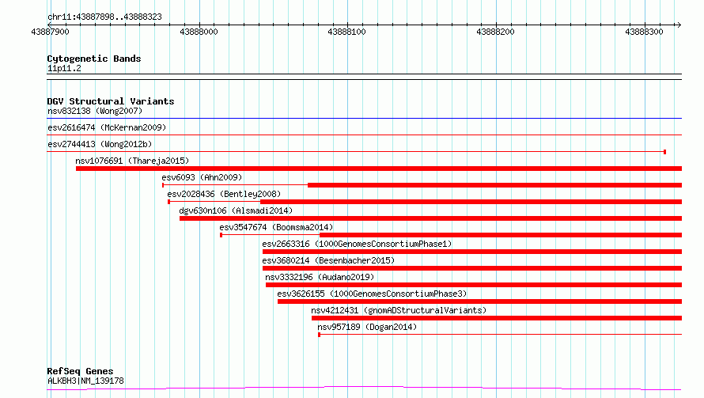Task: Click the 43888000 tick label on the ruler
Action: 199,32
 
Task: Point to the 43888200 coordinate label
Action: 495,32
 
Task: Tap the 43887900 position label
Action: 51,32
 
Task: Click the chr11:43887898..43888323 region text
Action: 104,17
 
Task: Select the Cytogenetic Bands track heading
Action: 94,59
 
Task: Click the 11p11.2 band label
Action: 64,68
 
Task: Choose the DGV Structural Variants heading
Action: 111,101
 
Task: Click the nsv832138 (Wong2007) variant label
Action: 95,111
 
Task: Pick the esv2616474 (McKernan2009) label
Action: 107,127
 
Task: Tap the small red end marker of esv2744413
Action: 665,152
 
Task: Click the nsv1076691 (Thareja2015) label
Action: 132,161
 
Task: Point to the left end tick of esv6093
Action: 163,185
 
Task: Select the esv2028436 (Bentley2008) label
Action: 224,194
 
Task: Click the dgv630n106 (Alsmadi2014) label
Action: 236,210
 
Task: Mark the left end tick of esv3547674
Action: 221,235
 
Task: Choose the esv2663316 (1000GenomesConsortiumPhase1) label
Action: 357,244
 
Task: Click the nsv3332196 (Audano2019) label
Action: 320,277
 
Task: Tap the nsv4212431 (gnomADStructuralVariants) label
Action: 399,310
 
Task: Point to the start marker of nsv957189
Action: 320,335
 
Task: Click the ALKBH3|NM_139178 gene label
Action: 85,381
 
